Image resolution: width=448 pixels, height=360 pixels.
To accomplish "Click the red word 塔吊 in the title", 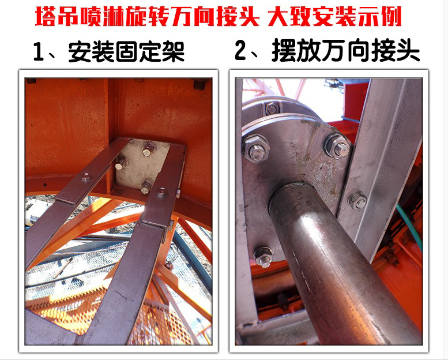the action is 57,17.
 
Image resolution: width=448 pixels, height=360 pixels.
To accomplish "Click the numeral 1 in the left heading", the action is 39,51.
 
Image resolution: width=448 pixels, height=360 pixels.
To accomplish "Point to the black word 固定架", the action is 150,52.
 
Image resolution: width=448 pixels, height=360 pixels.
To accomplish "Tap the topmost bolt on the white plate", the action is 148,151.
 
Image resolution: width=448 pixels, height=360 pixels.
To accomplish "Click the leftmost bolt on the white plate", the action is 120,165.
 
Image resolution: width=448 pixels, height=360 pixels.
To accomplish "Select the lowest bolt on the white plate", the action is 146,187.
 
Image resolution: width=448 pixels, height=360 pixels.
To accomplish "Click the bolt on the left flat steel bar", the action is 86,177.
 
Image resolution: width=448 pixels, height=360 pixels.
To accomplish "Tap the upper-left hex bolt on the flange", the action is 256,148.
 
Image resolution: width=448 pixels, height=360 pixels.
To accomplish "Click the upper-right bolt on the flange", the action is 338,146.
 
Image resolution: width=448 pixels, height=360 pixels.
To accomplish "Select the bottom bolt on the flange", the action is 263,257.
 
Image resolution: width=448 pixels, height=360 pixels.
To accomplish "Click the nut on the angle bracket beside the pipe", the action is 357,201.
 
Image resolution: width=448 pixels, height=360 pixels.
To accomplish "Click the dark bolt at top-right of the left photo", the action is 201,84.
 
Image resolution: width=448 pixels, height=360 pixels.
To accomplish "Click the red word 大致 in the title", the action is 289,17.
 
